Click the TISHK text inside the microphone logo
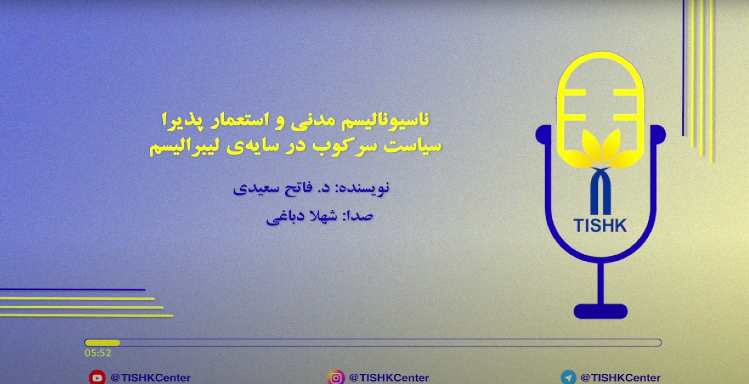[600, 225]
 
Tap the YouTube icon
[97, 377]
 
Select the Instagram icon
[335, 377]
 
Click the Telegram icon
[568, 377]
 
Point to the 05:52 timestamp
[98, 353]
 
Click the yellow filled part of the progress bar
[102, 342]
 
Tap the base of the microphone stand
[601, 311]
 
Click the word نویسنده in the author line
[365, 187]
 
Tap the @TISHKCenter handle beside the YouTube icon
[150, 377]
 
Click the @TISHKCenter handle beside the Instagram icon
[389, 377]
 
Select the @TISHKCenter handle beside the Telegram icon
[621, 377]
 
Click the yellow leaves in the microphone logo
[601, 149]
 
